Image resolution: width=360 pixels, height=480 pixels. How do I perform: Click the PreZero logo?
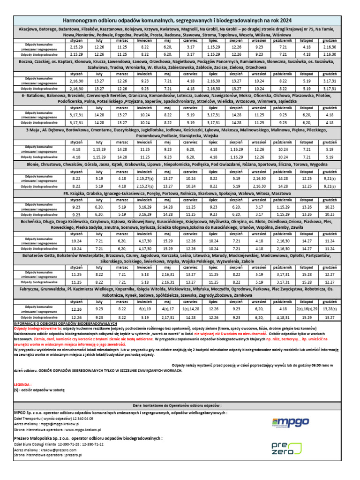click(x=283, y=447)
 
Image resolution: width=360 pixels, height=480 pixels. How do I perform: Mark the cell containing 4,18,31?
click(x=283, y=317)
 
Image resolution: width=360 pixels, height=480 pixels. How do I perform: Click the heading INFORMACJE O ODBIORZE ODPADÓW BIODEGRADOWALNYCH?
click(x=65, y=324)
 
